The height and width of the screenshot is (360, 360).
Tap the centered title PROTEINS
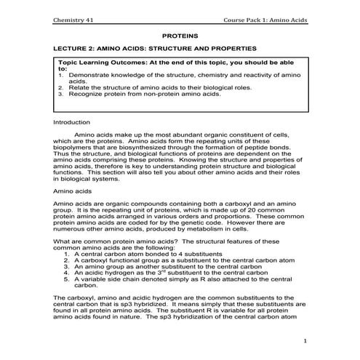tap(180, 34)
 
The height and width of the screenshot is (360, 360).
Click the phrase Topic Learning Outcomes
tap(106, 64)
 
